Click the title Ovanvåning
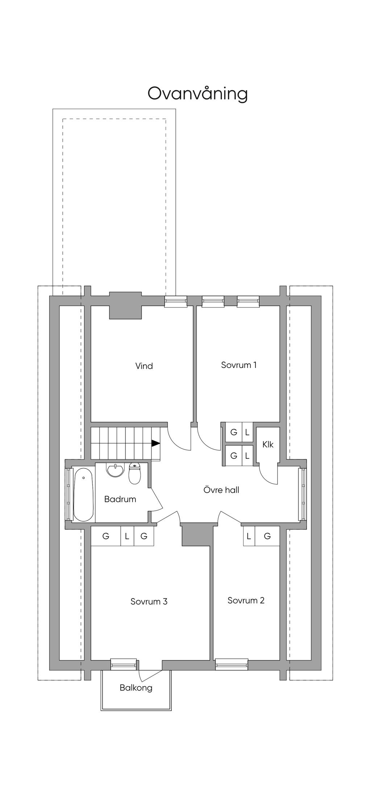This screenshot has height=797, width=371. coord(197,93)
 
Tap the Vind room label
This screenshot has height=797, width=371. coord(144,366)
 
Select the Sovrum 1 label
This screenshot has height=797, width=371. coord(239,365)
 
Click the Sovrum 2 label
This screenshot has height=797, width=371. coord(246,600)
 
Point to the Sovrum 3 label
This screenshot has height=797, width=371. coord(149,601)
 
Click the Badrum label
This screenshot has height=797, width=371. coord(120,499)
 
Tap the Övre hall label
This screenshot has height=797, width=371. coord(221,490)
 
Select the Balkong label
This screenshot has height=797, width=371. coord(136,688)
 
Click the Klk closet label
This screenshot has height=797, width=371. coord(268,445)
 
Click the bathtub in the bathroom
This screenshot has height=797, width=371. coord(84,495)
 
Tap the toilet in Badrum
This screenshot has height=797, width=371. coord(135,473)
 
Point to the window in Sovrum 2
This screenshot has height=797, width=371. coord(232,664)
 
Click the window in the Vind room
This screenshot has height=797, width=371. coord(176,301)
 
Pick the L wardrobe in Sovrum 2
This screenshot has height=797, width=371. coord(249,536)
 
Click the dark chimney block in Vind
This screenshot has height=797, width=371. coord(125,305)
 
